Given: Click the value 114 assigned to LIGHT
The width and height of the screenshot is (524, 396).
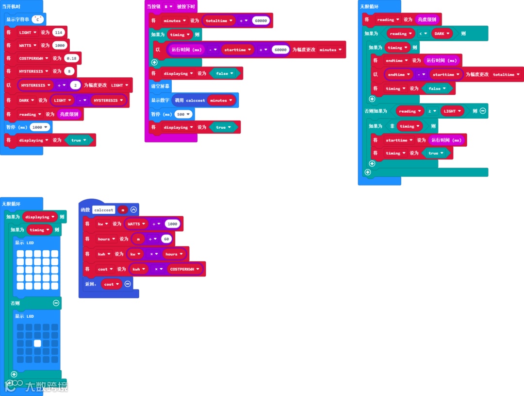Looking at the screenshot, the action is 59,32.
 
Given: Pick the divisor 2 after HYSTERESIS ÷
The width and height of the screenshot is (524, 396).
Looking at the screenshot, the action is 75,85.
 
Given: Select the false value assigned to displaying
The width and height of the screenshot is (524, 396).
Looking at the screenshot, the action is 224,73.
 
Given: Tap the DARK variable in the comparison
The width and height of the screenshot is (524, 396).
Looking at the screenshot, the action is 441,34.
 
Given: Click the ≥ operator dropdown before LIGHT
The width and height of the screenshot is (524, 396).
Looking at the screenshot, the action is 431,111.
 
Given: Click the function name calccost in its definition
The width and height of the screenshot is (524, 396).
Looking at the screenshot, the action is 104,210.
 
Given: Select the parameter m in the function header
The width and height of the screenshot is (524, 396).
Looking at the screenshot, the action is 123,210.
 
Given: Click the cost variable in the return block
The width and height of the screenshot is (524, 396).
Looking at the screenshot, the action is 111,284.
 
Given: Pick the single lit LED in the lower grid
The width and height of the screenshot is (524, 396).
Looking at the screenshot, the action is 37,343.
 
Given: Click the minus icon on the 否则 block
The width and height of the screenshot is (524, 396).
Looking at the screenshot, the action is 56,303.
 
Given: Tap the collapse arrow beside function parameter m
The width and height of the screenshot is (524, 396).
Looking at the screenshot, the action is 134,210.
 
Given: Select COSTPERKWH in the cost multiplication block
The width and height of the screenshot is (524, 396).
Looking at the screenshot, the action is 184,269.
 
